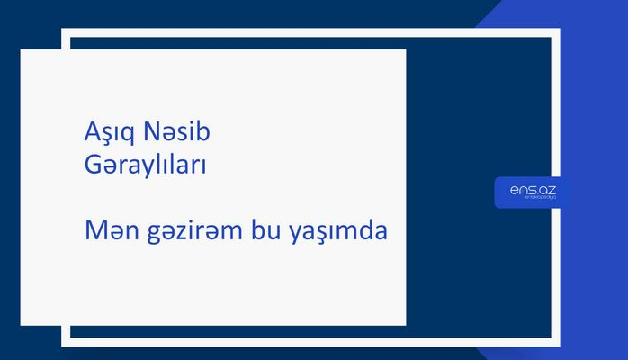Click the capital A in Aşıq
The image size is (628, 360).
point(89,135)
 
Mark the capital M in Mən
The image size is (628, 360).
point(92,230)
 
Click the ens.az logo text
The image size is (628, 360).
point(526,189)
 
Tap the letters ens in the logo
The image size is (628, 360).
point(518,189)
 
